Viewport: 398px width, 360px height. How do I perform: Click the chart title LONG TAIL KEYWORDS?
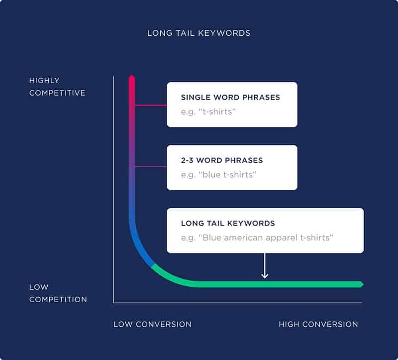pyautogui.click(x=199, y=33)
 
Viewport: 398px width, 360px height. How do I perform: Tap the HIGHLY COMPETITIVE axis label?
pyautogui.click(x=57, y=87)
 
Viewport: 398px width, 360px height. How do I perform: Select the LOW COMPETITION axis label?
pyautogui.click(x=58, y=293)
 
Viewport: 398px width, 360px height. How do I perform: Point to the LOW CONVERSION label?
pyautogui.click(x=152, y=324)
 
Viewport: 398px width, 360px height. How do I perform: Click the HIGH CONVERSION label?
pyautogui.click(x=318, y=324)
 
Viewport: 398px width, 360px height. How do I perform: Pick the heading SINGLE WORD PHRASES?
pyautogui.click(x=230, y=98)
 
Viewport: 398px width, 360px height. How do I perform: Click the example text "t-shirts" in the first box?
pyautogui.click(x=208, y=112)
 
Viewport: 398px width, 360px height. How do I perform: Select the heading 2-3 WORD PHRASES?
pyautogui.click(x=222, y=160)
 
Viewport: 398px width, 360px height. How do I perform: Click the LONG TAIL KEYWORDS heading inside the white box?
pyautogui.click(x=228, y=224)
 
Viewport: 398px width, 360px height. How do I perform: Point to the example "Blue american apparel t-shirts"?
pyautogui.click(x=257, y=238)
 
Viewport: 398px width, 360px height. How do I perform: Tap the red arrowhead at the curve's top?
pyautogui.click(x=132, y=78)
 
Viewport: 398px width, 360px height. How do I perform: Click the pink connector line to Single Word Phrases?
pyautogui.click(x=151, y=105)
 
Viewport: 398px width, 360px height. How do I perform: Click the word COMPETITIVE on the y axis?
pyautogui.click(x=57, y=93)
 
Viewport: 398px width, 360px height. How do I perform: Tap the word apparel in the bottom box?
pyautogui.click(x=282, y=238)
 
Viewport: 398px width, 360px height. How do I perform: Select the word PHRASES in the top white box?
pyautogui.click(x=262, y=98)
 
